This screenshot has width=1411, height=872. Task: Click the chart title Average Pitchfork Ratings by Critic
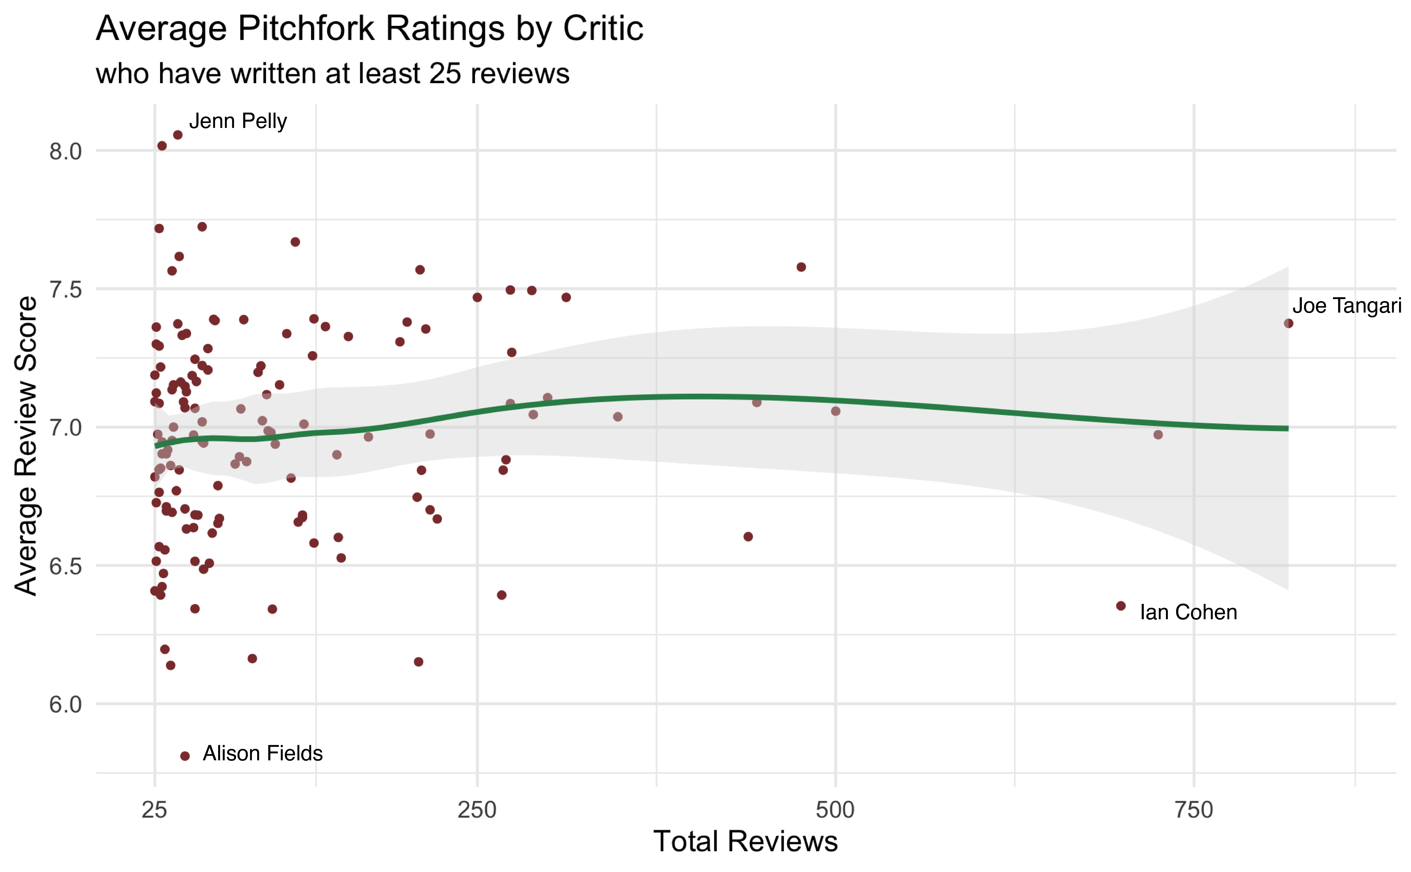[x=369, y=29]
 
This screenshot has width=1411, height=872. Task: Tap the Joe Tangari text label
[x=1346, y=306]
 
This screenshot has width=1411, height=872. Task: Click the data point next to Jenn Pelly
[x=178, y=135]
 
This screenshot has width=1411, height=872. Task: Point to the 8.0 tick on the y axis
[x=65, y=152]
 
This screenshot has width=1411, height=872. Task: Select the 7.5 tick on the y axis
[x=65, y=289]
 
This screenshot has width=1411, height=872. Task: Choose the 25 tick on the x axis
[x=155, y=810]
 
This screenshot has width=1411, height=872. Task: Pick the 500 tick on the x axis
[x=835, y=810]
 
